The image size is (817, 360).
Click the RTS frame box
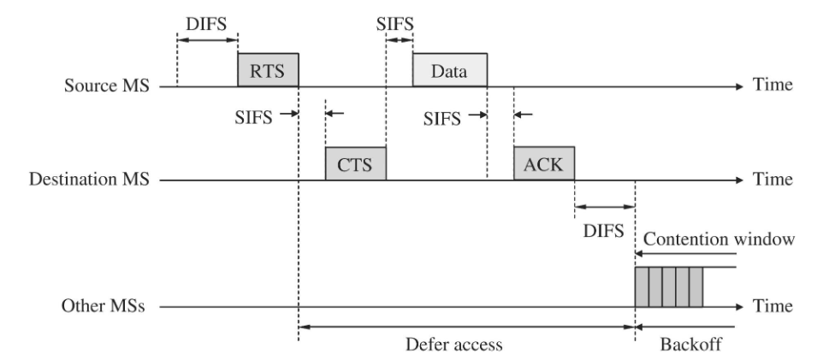[268, 70]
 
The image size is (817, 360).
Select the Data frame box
[450, 70]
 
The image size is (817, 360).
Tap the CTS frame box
[355, 164]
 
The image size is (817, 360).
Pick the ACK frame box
[543, 164]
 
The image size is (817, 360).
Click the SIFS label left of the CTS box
[254, 116]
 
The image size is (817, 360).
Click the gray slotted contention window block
[668, 286]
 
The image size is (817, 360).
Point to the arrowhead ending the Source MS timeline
[739, 86]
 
